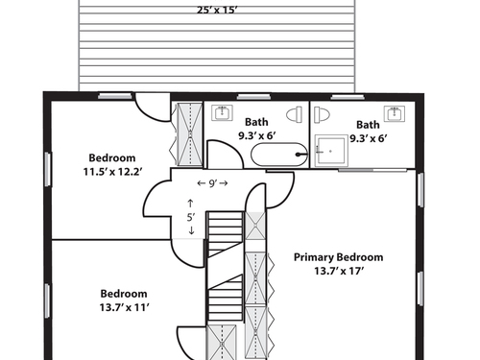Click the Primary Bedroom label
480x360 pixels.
click(x=338, y=257)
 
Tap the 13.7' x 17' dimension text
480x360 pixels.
click(x=339, y=271)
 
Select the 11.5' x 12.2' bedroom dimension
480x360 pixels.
click(x=112, y=172)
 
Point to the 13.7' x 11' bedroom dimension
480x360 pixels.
click(x=125, y=307)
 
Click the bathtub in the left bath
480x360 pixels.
click(x=279, y=155)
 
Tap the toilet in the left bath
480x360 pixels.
click(x=295, y=114)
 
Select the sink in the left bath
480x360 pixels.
click(x=222, y=112)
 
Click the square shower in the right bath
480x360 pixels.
click(x=331, y=151)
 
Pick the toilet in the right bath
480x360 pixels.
click(x=322, y=115)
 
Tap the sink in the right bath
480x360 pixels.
click(x=395, y=113)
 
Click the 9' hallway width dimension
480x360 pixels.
click(x=212, y=183)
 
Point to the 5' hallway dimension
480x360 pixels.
click(x=191, y=217)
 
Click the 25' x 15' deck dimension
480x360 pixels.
click(x=217, y=10)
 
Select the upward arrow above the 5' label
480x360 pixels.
click(x=190, y=204)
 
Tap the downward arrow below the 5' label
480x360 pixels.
click(x=191, y=230)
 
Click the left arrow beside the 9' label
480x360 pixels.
click(x=202, y=183)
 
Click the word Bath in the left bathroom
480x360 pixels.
click(x=256, y=122)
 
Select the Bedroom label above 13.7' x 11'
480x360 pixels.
click(x=124, y=294)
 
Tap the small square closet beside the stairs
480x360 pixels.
click(x=255, y=226)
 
